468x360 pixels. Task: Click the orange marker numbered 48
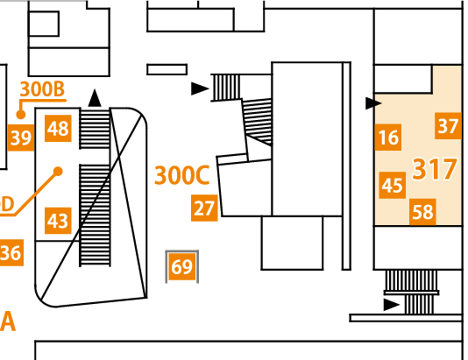[x=58, y=128]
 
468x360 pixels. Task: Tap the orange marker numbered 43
[x=58, y=221]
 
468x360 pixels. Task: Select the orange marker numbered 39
[x=21, y=138]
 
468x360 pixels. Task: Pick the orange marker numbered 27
[x=204, y=208]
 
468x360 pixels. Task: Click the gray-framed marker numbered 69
[x=182, y=266]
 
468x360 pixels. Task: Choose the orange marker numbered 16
[x=388, y=138]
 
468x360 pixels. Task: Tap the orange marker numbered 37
[x=448, y=126]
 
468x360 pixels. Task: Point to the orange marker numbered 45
[x=393, y=185]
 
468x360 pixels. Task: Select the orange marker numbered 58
[x=422, y=212]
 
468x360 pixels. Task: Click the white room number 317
[x=435, y=169]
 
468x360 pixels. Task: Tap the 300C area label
[x=182, y=175]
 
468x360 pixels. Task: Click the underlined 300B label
[x=42, y=88]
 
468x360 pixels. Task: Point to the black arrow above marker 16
[x=373, y=103]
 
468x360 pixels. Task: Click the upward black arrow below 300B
[x=95, y=98]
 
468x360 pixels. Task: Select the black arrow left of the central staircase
[x=200, y=88]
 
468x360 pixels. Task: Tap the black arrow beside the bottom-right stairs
[x=392, y=305]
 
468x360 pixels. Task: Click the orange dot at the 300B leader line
[x=20, y=114]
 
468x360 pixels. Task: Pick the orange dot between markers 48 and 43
[x=58, y=172]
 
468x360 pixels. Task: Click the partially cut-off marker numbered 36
[x=11, y=252]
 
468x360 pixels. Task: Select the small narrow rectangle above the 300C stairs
[x=167, y=69]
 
